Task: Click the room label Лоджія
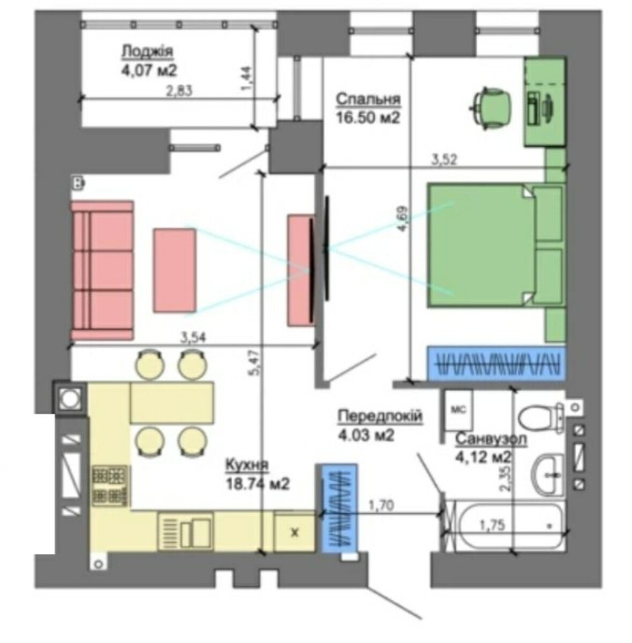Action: (148, 51)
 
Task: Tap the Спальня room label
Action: (368, 99)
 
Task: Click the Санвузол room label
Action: (491, 439)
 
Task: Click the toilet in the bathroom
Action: (541, 417)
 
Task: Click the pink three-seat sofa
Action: (103, 270)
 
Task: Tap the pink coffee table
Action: (174, 270)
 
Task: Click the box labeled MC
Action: (458, 409)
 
